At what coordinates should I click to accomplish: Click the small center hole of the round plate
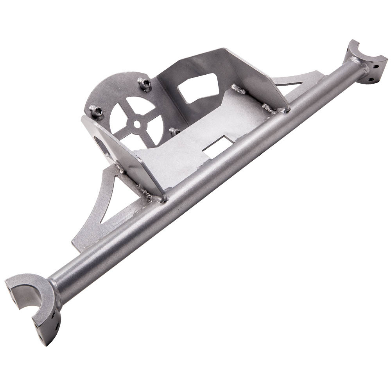(136, 123)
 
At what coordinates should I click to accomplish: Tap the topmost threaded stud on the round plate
(145, 83)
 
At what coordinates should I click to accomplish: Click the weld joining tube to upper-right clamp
(357, 65)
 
